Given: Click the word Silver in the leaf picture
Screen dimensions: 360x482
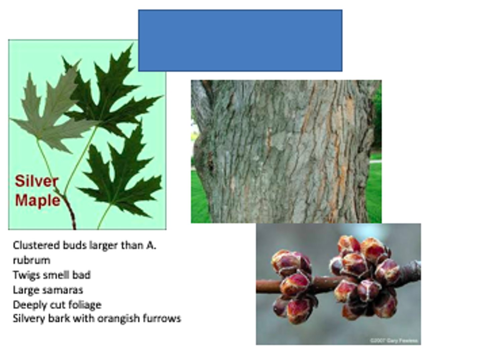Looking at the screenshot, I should (x=36, y=181).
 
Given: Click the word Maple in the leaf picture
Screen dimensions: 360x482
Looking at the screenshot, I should (x=37, y=200).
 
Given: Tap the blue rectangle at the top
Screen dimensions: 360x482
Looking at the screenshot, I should (x=240, y=41).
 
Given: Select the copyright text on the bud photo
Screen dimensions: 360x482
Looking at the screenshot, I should (x=394, y=341).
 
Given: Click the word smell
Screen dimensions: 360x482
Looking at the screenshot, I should (x=48, y=275).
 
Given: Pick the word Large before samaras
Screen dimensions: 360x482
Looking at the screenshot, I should (x=24, y=290).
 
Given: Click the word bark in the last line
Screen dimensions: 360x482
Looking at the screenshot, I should (x=59, y=318).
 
